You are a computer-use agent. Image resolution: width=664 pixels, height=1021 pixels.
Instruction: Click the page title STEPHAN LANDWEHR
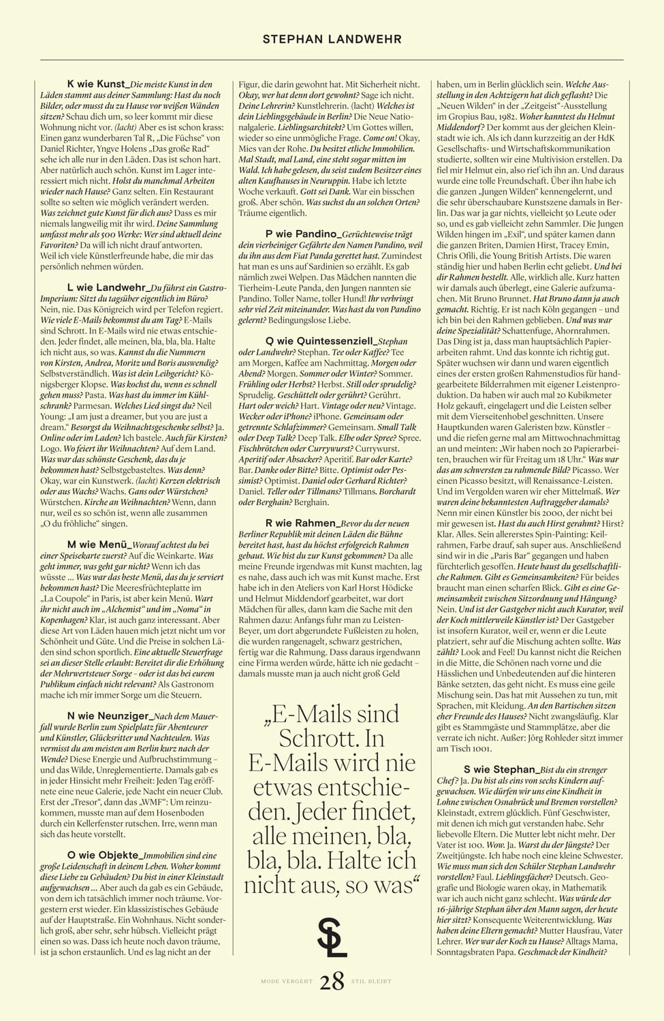coord(332,39)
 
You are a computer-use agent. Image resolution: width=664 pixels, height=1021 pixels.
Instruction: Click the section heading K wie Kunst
coord(96,84)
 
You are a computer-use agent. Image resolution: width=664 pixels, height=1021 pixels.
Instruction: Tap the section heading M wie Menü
coord(99,545)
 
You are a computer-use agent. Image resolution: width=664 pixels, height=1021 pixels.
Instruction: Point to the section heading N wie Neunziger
coord(108,716)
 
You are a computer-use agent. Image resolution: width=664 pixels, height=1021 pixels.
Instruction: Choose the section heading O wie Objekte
coord(104,855)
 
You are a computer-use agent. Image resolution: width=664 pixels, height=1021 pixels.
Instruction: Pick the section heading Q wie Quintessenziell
coord(319,340)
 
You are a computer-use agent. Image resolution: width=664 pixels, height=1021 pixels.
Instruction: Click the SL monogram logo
coord(332,937)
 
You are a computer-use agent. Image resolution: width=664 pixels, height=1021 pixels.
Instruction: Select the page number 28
coord(332,982)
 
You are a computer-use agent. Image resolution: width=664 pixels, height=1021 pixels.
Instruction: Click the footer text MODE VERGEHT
coord(287,982)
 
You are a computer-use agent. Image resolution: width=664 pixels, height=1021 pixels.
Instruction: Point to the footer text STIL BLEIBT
coord(371,982)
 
